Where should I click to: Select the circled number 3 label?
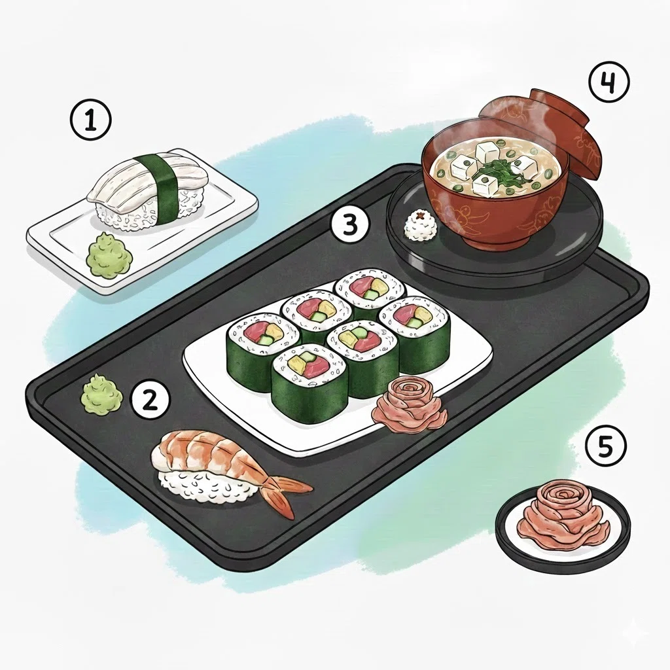tap(350, 225)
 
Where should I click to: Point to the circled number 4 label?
tap(609, 82)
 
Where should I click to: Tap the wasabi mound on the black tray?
tap(101, 393)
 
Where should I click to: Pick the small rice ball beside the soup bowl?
tap(421, 225)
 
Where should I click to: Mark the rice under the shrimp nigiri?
tap(205, 483)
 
